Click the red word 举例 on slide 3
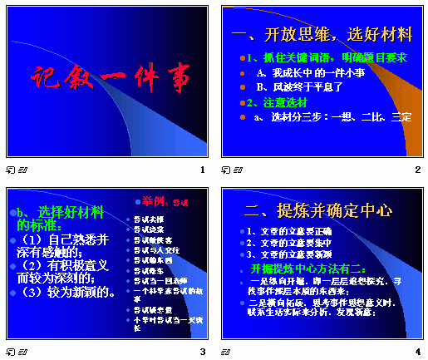point(155,200)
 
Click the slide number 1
point(202,170)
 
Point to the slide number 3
point(202,352)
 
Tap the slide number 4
point(417,352)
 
